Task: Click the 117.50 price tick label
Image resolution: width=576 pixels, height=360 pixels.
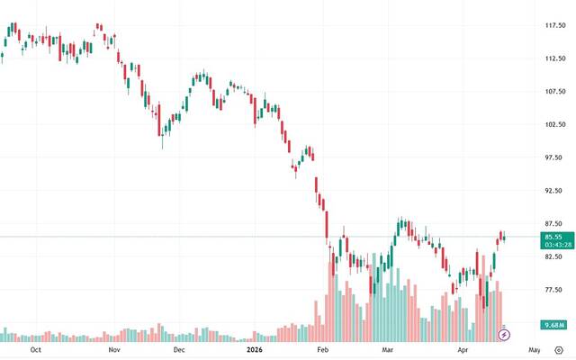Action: pyautogui.click(x=554, y=25)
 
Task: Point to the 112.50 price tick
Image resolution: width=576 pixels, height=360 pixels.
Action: pyautogui.click(x=554, y=58)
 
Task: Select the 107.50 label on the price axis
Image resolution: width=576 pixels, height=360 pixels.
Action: pyautogui.click(x=554, y=92)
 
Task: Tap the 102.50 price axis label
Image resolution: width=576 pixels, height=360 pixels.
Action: pyautogui.click(x=554, y=124)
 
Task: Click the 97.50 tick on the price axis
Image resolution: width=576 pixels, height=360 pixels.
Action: pyautogui.click(x=554, y=157)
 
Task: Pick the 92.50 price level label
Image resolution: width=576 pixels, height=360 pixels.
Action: pyautogui.click(x=554, y=191)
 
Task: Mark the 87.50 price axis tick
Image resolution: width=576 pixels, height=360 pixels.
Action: pyautogui.click(x=554, y=223)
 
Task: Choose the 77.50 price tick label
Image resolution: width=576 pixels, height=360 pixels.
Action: pyautogui.click(x=554, y=290)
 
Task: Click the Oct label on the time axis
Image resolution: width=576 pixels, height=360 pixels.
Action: pyautogui.click(x=36, y=348)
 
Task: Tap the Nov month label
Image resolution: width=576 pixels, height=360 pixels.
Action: pyautogui.click(x=113, y=348)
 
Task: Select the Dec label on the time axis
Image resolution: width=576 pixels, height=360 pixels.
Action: pyautogui.click(x=179, y=348)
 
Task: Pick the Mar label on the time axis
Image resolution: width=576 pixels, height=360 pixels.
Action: pyautogui.click(x=389, y=348)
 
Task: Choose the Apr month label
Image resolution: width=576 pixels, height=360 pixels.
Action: pyautogui.click(x=463, y=348)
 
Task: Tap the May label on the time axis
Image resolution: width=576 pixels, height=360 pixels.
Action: pyautogui.click(x=534, y=348)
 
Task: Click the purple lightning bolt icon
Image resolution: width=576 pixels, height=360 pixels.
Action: pyautogui.click(x=504, y=335)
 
